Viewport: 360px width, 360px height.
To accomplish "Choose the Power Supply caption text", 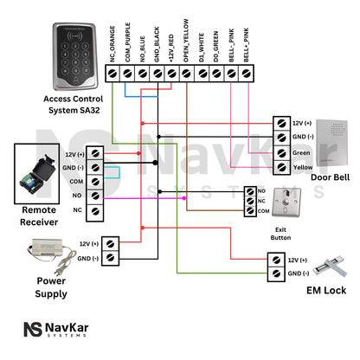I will coord(51,288).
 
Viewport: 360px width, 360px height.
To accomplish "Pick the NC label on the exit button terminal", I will coord(261,200).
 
